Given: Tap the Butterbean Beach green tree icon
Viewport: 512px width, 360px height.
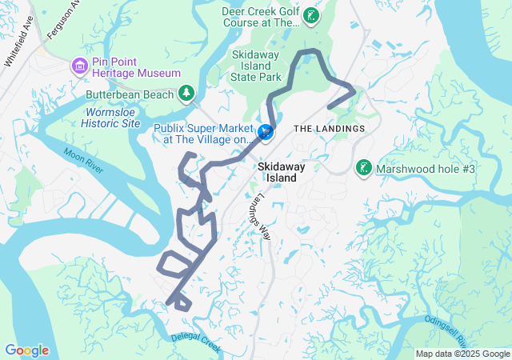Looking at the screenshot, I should tap(186, 94).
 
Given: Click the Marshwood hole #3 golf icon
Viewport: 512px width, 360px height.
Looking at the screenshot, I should tap(364, 168).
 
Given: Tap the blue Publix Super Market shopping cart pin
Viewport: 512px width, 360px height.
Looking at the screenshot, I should tap(265, 131).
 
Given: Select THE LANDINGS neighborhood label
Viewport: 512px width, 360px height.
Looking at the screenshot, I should tap(329, 129).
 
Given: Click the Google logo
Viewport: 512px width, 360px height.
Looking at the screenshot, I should tap(26, 350).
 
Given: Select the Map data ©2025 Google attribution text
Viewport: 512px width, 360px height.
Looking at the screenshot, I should tap(462, 354).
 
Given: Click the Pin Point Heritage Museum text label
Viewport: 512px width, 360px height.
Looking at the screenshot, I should tap(135, 65).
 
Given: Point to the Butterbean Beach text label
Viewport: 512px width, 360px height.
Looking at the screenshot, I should tap(130, 94).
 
